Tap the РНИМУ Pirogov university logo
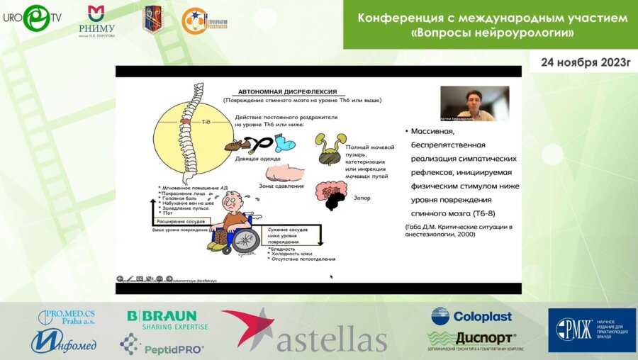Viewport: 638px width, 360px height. [x=96, y=21]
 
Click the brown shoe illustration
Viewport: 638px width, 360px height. [x=237, y=145]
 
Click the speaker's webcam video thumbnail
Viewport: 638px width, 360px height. [x=474, y=103]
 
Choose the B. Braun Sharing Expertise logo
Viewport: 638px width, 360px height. [x=167, y=320]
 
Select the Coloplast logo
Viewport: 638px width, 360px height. [x=471, y=316]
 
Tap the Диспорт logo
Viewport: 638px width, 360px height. [x=471, y=339]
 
